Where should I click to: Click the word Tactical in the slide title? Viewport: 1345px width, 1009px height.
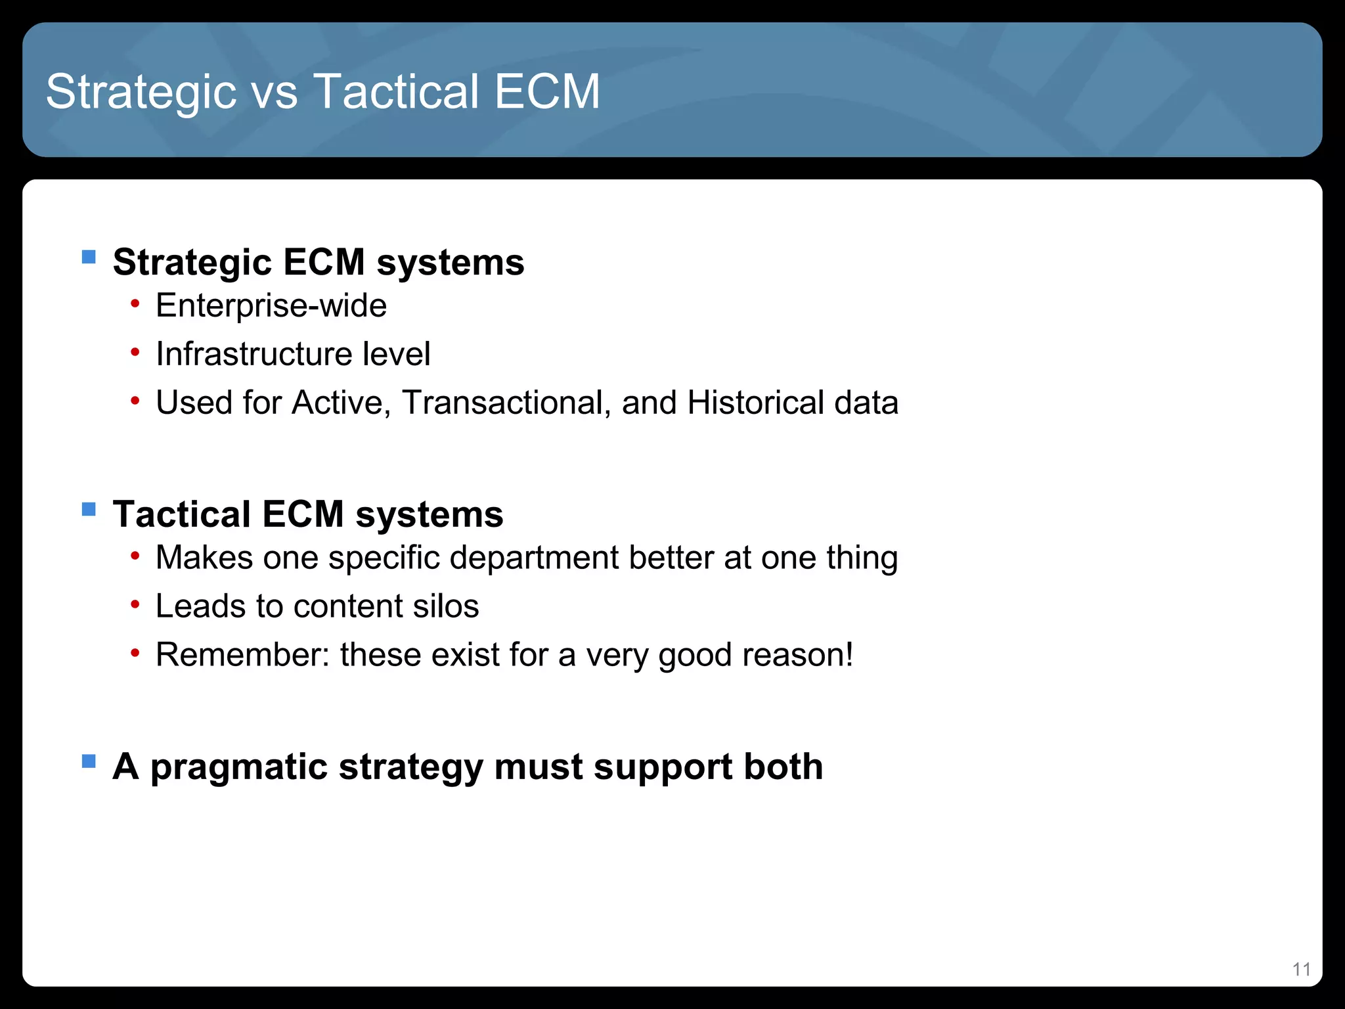click(396, 92)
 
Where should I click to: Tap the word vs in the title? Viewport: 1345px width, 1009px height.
click(274, 92)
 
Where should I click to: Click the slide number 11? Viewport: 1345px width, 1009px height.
click(1301, 969)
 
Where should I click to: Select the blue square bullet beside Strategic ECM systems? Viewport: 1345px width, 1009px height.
click(89, 256)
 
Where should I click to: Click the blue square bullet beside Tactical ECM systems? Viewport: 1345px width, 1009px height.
click(89, 509)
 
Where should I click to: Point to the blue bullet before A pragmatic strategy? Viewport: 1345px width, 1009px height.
click(89, 761)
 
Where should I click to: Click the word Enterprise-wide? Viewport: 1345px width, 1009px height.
click(271, 305)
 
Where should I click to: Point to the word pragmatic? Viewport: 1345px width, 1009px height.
click(238, 767)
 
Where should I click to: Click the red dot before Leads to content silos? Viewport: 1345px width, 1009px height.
click(135, 604)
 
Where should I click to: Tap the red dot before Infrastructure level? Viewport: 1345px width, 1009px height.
click(135, 353)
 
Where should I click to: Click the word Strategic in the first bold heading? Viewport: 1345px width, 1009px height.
click(192, 263)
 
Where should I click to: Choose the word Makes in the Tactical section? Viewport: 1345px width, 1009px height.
click(204, 558)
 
